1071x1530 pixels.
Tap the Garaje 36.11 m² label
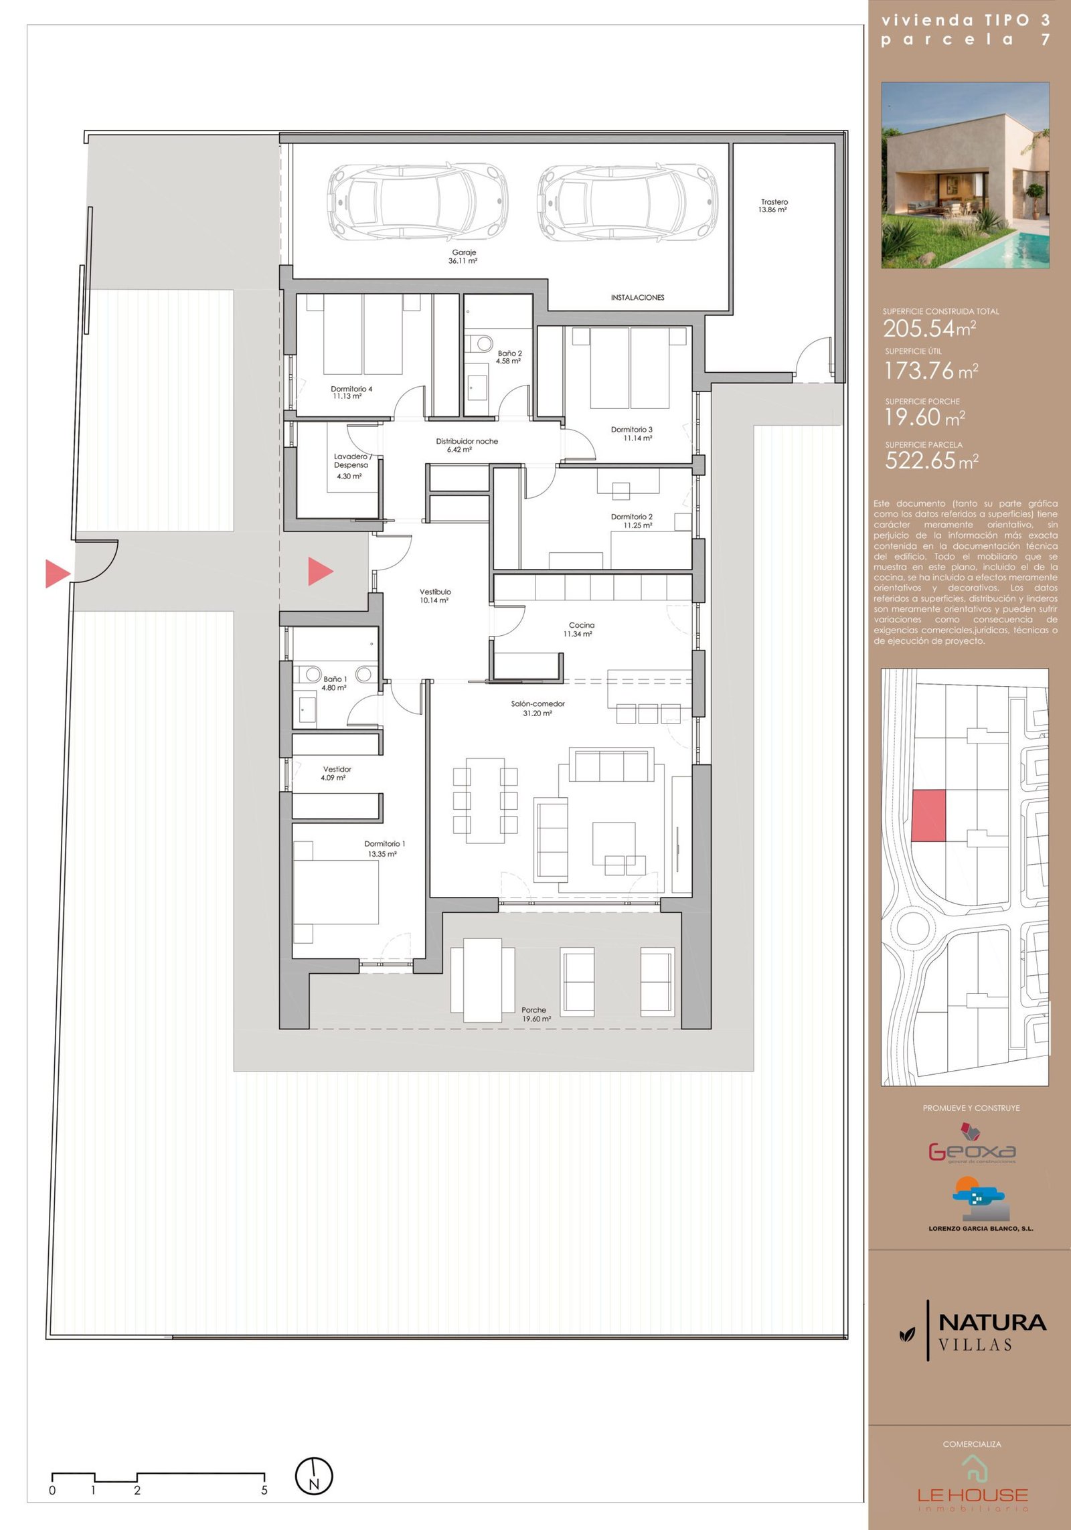(463, 257)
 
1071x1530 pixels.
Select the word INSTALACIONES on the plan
(637, 298)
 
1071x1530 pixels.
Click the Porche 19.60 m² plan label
(535, 1014)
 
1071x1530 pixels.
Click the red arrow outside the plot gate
(58, 574)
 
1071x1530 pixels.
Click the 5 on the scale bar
(264, 1491)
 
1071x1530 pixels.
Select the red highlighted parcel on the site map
(928, 815)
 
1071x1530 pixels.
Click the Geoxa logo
(972, 1143)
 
